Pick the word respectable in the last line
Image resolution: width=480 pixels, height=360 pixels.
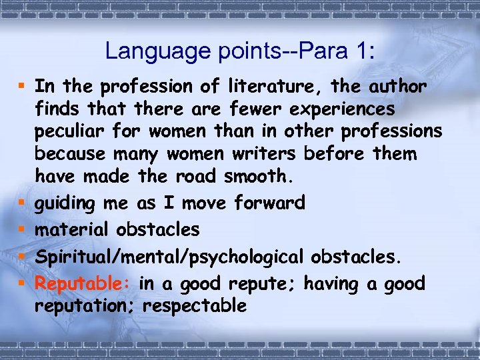point(195,306)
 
